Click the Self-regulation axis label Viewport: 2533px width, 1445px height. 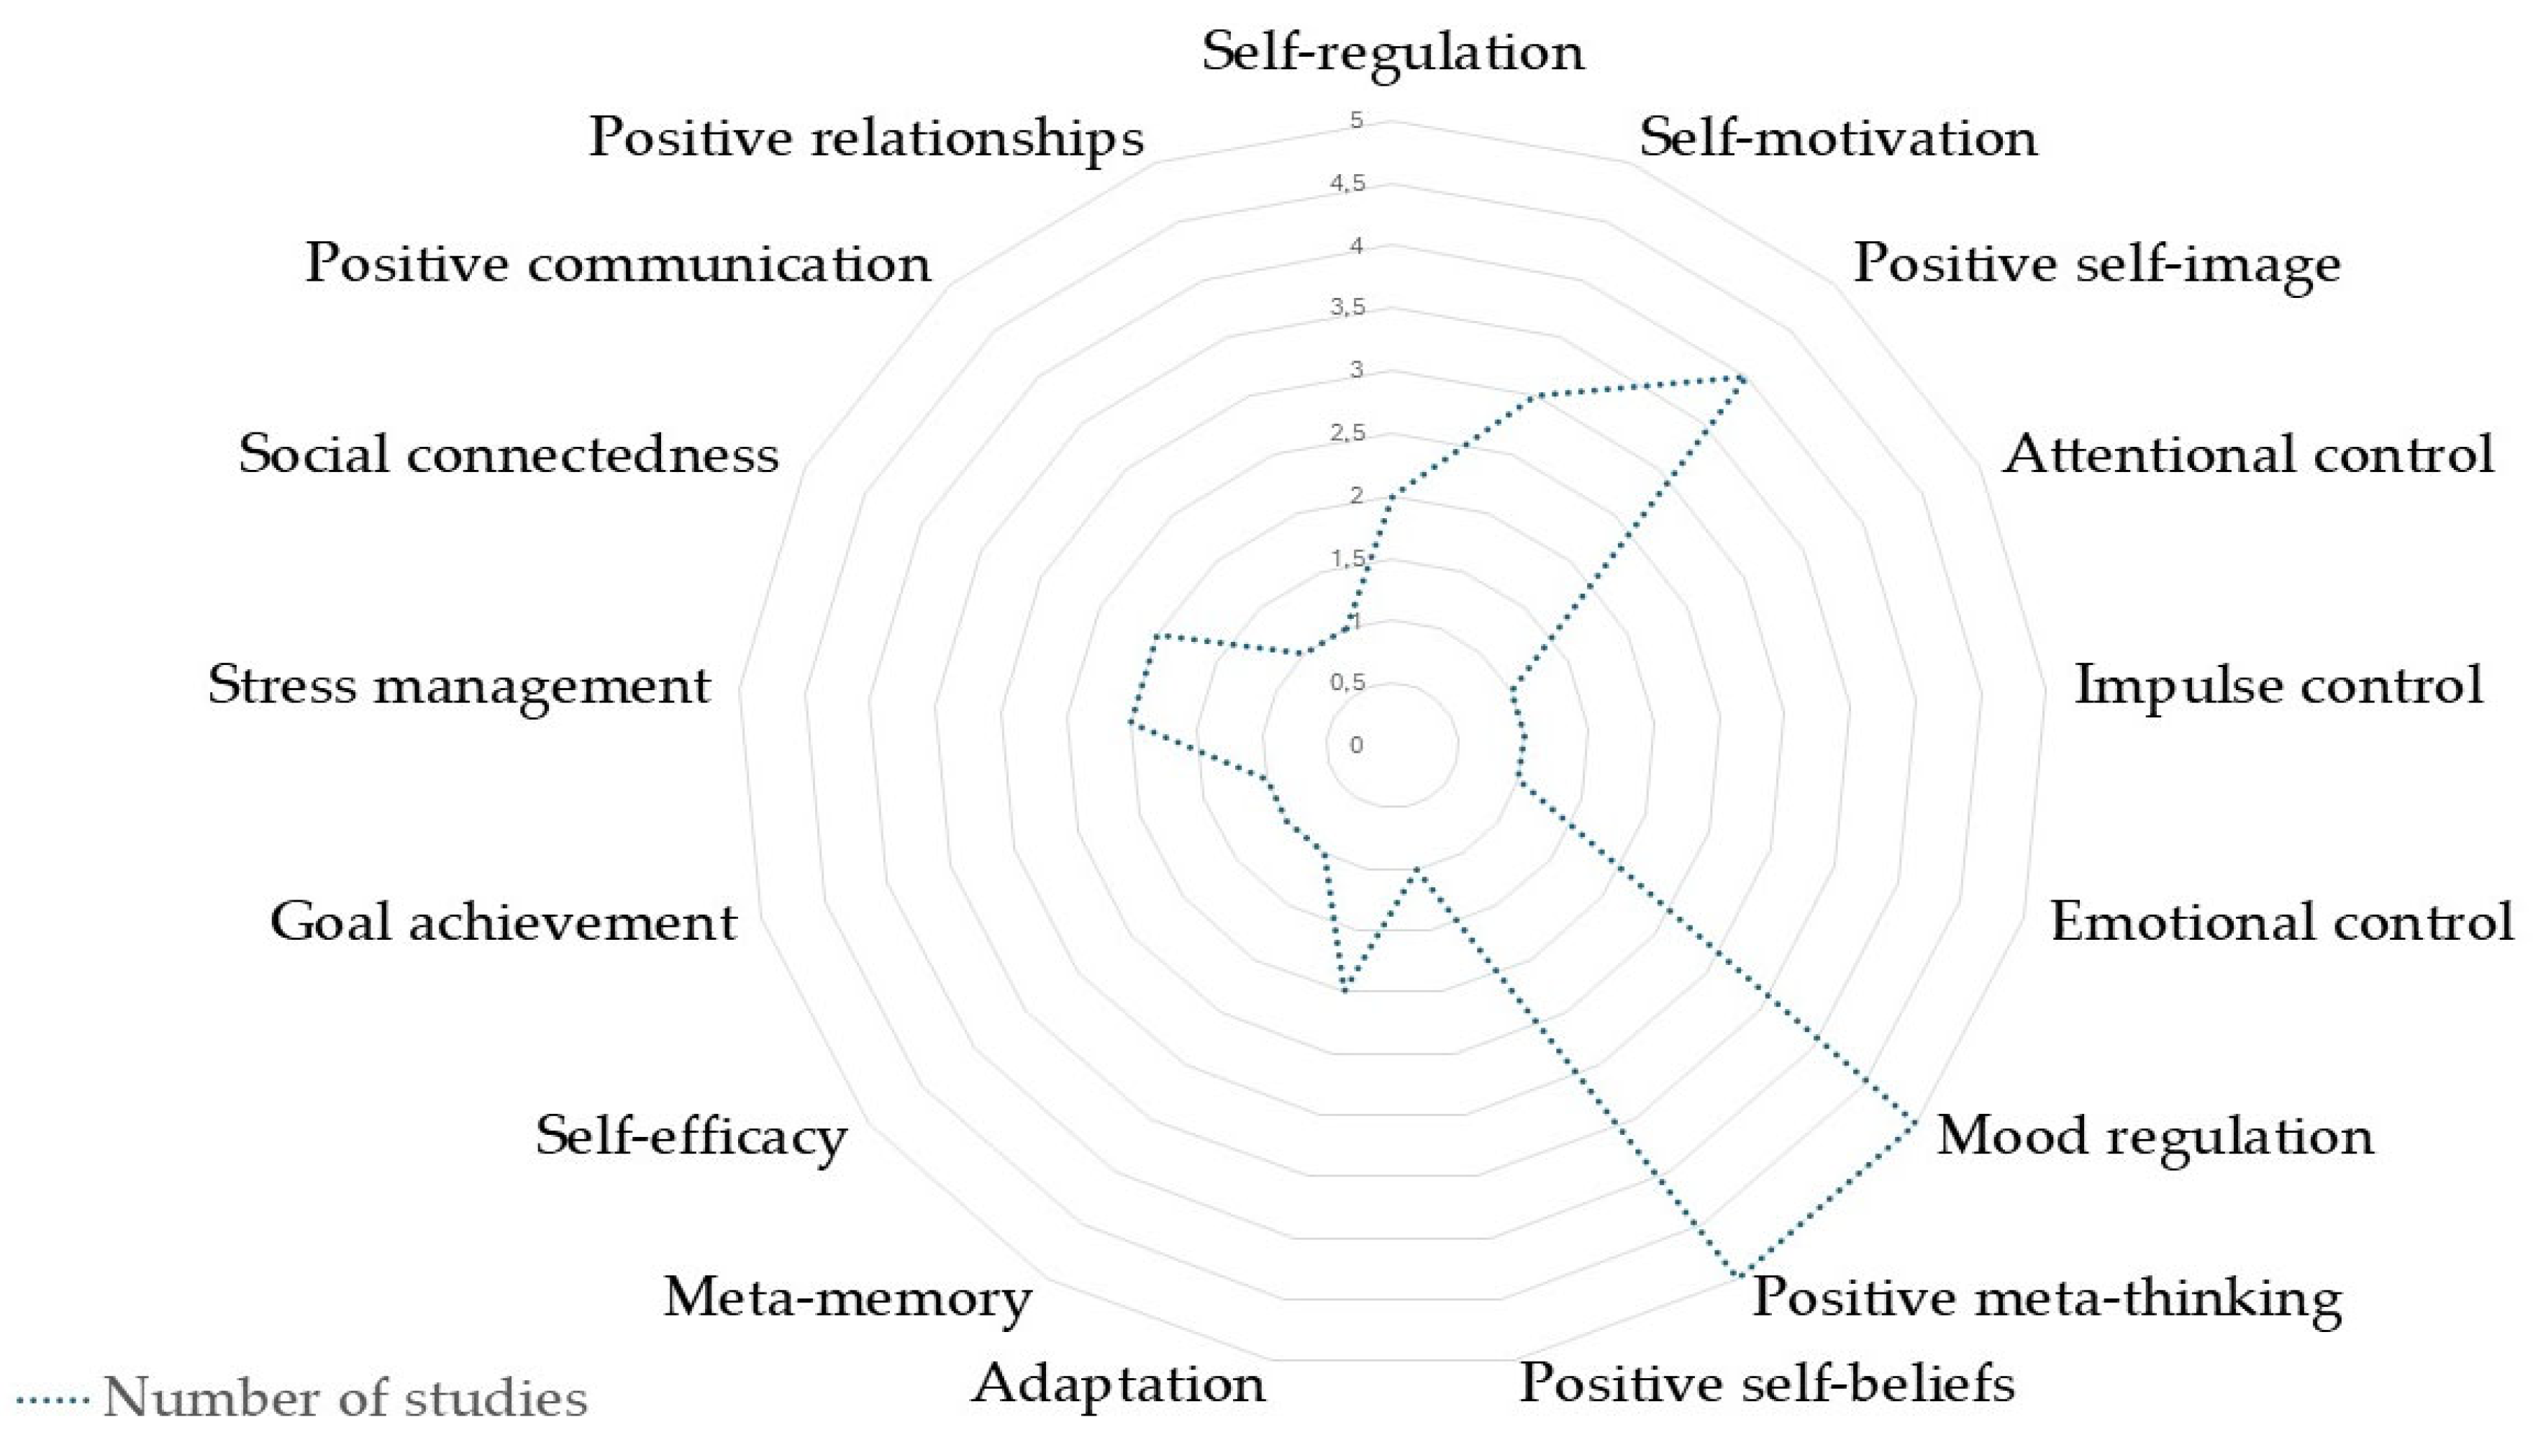[x=1392, y=52]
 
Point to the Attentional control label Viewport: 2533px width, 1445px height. [x=2247, y=456]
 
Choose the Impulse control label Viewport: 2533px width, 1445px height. [x=2278, y=685]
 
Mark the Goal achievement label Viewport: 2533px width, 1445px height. [x=503, y=922]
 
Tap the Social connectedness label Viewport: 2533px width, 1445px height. [x=508, y=456]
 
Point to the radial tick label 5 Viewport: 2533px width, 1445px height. [x=1356, y=121]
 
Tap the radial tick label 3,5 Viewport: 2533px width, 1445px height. [x=1347, y=309]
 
